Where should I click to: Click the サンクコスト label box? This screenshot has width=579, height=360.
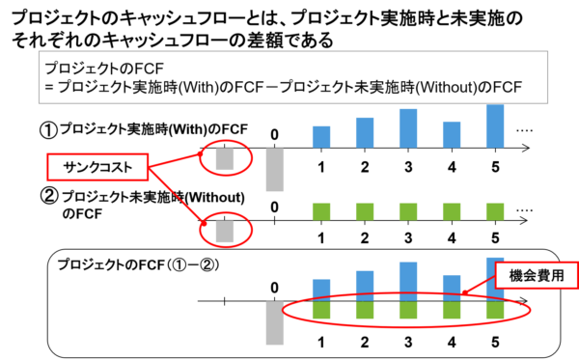click(x=97, y=167)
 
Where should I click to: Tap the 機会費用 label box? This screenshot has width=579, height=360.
click(x=537, y=275)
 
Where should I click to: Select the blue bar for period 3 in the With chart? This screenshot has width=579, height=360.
click(x=408, y=128)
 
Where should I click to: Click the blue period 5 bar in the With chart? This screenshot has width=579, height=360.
click(x=495, y=126)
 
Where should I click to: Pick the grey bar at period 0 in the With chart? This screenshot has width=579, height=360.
click(x=275, y=170)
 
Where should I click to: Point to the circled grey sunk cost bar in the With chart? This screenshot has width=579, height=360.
click(x=225, y=159)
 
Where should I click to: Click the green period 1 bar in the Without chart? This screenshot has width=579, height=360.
click(x=321, y=212)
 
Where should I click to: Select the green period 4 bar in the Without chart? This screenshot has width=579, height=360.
click(x=452, y=212)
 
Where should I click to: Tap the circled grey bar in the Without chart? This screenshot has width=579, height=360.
click(x=225, y=232)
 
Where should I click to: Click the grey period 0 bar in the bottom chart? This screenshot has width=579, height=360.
click(x=275, y=323)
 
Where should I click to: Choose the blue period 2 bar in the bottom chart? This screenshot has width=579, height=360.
click(x=365, y=286)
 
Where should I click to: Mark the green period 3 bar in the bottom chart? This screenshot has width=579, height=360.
click(x=408, y=310)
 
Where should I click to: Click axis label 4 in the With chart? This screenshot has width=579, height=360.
click(x=452, y=168)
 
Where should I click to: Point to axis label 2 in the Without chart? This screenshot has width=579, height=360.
click(x=365, y=238)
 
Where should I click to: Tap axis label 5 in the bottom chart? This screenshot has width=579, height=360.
click(x=495, y=343)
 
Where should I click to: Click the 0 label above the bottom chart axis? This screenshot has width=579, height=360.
click(x=274, y=288)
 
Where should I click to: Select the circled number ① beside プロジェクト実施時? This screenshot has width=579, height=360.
click(x=48, y=130)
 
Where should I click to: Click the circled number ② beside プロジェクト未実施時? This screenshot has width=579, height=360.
click(x=49, y=196)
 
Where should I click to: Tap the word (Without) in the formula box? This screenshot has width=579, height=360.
click(x=446, y=87)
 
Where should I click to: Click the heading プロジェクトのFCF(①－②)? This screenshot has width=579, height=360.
click(x=138, y=265)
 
